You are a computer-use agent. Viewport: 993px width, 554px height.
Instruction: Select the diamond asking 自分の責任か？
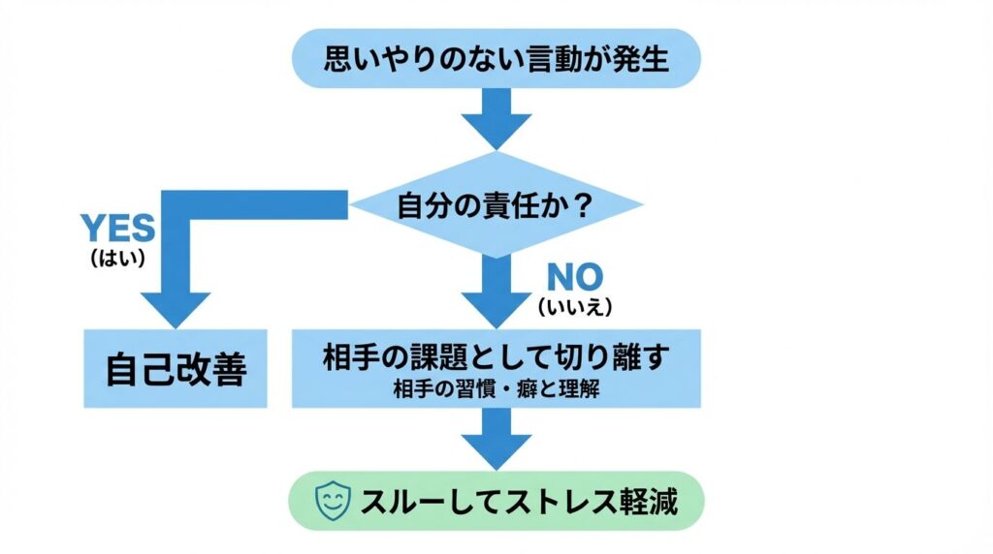point(496,204)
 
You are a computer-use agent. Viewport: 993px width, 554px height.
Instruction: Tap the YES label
point(117,229)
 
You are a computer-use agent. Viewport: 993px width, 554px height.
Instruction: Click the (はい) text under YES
point(117,258)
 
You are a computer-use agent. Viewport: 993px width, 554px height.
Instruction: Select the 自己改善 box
point(176,368)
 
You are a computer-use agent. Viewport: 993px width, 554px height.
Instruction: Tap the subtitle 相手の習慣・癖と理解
point(496,390)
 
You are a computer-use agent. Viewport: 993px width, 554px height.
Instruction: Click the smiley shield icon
point(335,502)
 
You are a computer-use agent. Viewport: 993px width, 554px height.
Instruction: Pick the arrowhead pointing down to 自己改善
point(176,308)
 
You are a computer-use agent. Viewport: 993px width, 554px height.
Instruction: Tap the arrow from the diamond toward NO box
point(496,291)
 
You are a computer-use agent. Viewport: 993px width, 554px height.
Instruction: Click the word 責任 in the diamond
point(500,205)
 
